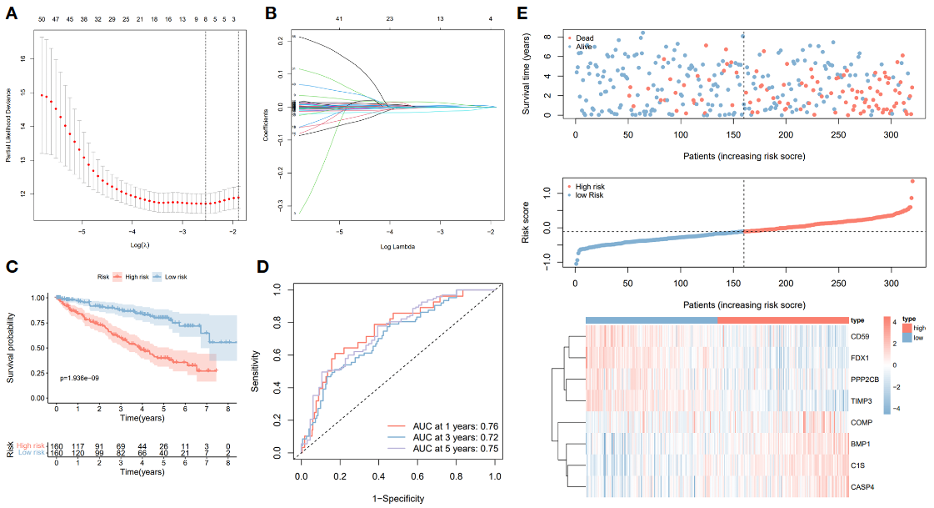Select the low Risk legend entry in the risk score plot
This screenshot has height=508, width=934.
[x=588, y=195]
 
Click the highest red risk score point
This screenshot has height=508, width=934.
[x=912, y=181]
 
